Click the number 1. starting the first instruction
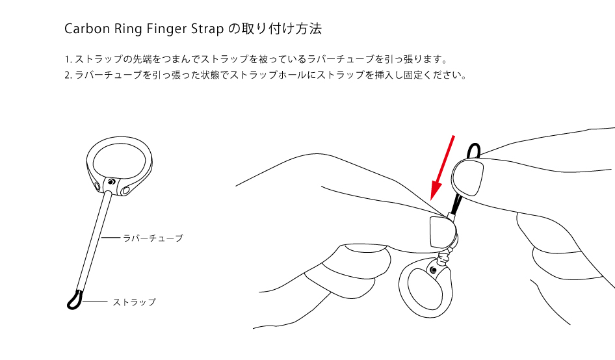68,60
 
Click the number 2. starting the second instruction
68,75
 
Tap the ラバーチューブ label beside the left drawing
153,238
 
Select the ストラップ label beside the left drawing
134,302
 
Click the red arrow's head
436,190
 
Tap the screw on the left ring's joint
112,181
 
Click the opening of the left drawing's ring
119,160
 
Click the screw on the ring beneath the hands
433,270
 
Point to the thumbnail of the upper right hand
467,177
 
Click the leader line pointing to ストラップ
96,302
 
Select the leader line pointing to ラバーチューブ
111,238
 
